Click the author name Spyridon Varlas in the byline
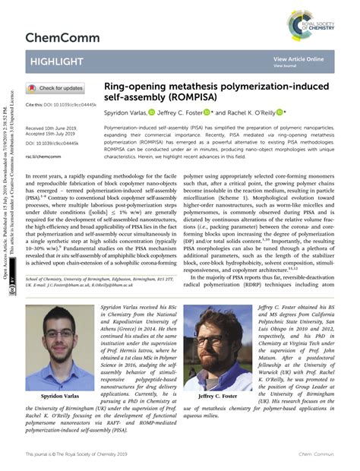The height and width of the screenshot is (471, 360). (x=125, y=112)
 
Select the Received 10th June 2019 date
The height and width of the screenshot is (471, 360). (x=54, y=128)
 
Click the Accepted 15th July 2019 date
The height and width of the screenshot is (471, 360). (x=53, y=134)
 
